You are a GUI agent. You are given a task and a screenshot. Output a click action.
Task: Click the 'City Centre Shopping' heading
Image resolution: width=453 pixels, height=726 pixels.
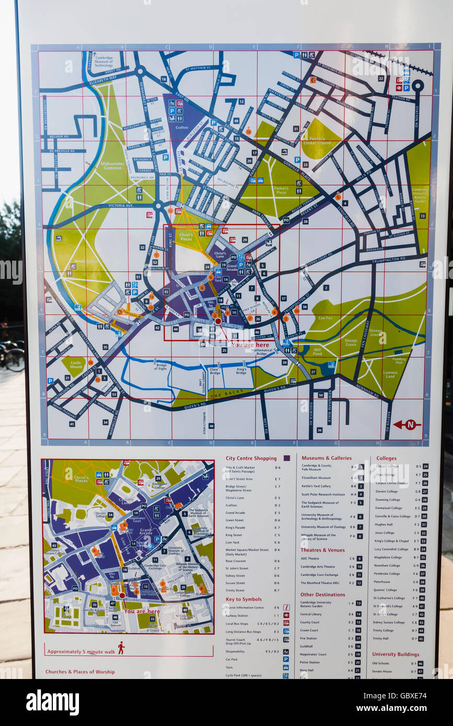pyautogui.click(x=251, y=458)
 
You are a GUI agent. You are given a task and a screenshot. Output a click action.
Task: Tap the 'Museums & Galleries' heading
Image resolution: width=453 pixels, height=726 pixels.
pyautogui.click(x=326, y=458)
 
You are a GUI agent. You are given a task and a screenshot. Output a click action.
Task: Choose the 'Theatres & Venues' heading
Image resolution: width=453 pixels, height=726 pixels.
pyautogui.click(x=323, y=550)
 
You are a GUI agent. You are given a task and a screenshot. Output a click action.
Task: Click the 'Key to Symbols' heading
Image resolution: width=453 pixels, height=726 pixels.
pyautogui.click(x=243, y=599)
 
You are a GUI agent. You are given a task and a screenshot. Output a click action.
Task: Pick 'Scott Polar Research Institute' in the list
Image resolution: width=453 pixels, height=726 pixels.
pyautogui.click(x=323, y=494)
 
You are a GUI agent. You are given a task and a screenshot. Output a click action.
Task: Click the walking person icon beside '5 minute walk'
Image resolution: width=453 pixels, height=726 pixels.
pyautogui.click(x=121, y=648)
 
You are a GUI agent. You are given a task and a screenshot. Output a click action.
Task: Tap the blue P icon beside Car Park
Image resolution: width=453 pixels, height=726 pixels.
pyautogui.click(x=286, y=659)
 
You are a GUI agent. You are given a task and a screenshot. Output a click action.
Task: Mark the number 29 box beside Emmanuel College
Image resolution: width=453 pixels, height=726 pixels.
pyautogui.click(x=425, y=508)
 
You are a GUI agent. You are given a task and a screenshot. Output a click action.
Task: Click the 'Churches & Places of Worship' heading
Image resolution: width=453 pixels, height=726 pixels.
pyautogui.click(x=80, y=672)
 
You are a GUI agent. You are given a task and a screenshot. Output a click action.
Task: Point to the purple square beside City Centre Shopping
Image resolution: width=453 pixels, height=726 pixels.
pyautogui.click(x=286, y=458)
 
